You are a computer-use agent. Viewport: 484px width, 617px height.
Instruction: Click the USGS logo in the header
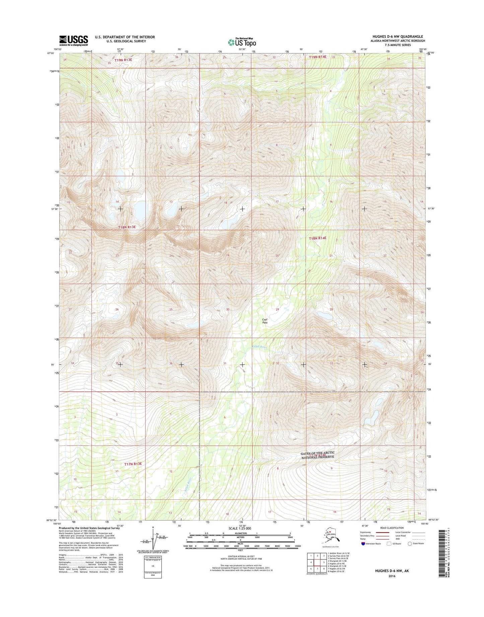tap(73, 41)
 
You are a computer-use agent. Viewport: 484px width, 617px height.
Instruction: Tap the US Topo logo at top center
tap(242, 42)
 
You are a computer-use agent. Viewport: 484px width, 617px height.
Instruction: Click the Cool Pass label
tap(265, 321)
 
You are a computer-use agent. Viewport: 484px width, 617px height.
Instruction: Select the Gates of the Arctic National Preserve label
tap(318, 455)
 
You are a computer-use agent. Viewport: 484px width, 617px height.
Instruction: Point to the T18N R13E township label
tap(127, 227)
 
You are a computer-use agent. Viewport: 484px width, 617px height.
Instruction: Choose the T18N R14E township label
tap(317, 238)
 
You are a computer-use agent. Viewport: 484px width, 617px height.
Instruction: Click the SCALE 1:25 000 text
tap(240, 528)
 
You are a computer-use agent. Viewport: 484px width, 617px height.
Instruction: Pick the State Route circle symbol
tap(409, 544)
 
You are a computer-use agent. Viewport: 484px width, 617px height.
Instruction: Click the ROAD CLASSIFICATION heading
tap(392, 528)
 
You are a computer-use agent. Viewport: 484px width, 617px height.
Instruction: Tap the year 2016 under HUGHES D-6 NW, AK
tap(392, 576)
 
